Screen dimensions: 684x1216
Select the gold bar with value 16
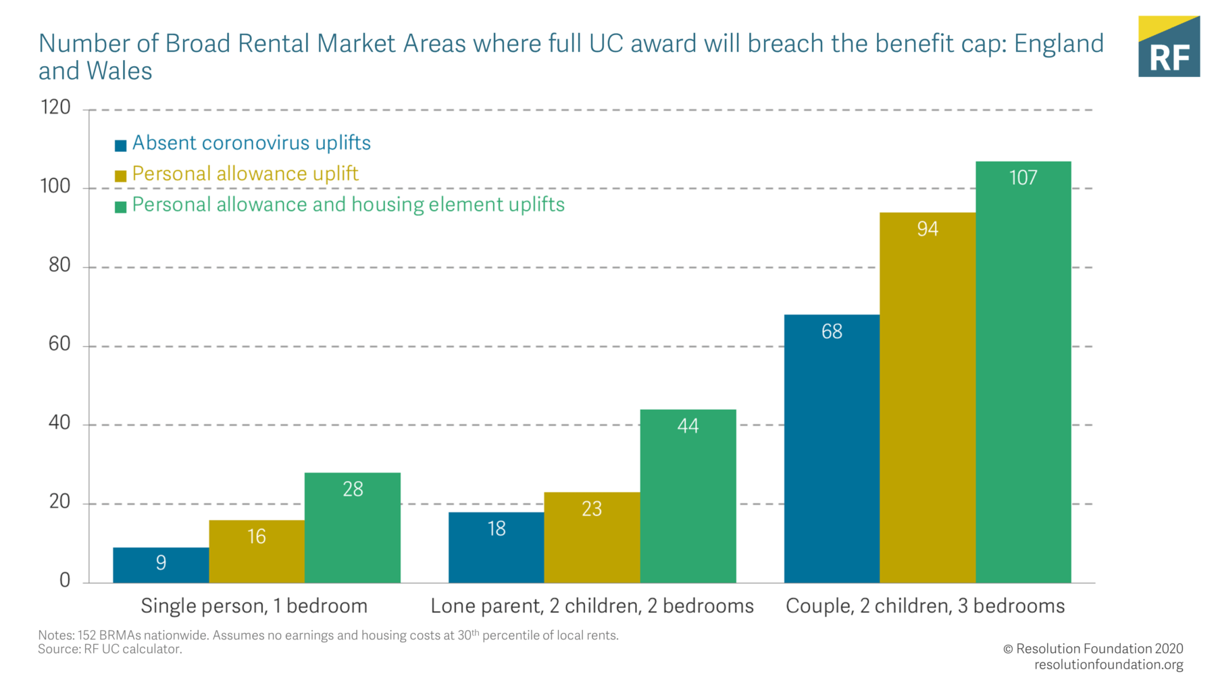click(x=257, y=551)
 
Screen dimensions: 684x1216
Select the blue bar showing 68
click(x=832, y=448)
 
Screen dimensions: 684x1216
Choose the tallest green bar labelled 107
click(x=1023, y=371)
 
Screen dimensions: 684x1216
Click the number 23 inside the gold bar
click(x=592, y=509)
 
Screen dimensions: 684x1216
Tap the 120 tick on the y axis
click(x=55, y=107)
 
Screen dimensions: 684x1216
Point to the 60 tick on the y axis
click(x=59, y=344)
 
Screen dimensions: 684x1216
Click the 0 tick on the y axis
click(x=65, y=581)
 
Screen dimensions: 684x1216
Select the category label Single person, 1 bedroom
click(x=254, y=606)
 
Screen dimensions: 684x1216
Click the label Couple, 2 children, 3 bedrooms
click(x=925, y=606)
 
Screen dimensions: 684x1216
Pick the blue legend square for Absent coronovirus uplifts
click(x=121, y=145)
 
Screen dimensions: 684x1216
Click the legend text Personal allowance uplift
click(x=245, y=174)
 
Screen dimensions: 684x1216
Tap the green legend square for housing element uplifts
click(x=121, y=207)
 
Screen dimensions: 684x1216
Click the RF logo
click(x=1169, y=47)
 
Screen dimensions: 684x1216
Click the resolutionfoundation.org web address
click(x=1109, y=664)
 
